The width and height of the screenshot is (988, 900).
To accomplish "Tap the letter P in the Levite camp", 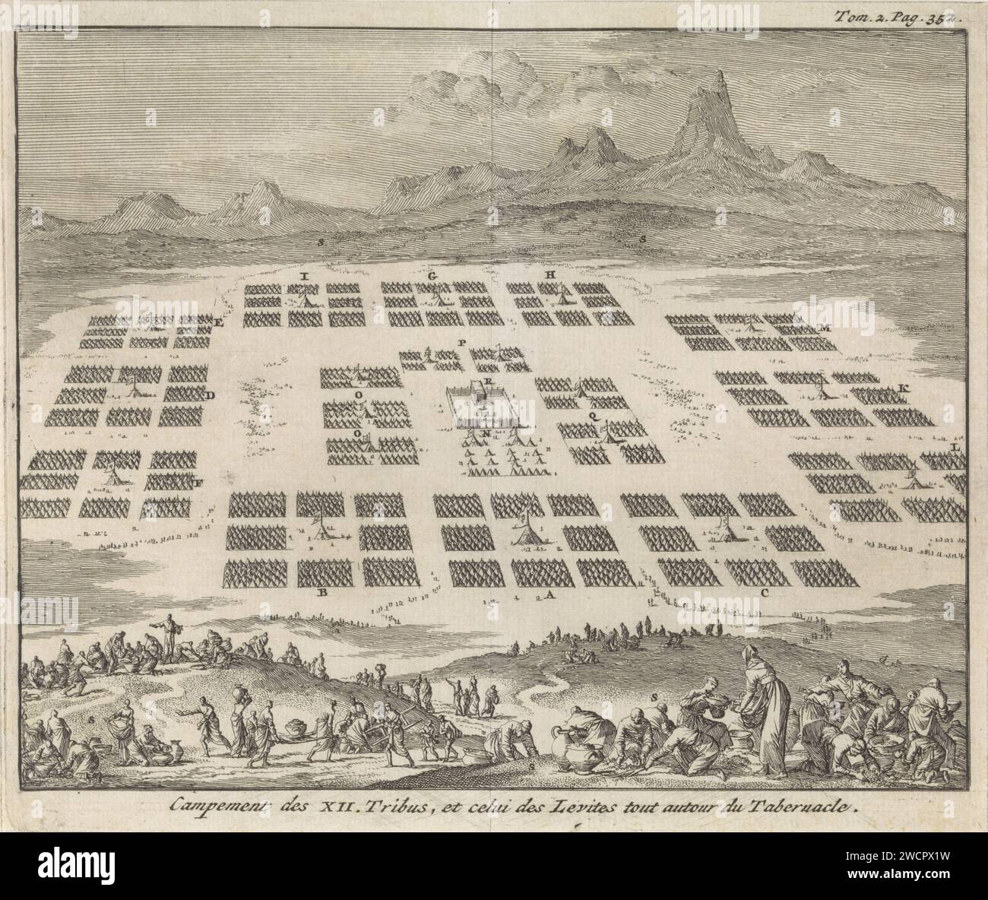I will click(461, 343).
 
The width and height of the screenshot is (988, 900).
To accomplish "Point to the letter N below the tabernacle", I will click(485, 435).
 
